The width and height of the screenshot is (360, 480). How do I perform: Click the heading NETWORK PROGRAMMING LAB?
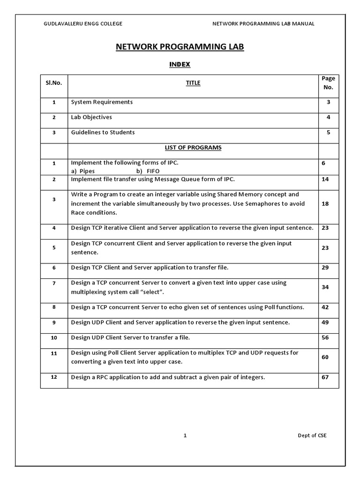click(180, 47)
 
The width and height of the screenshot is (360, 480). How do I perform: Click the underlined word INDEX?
click(180, 65)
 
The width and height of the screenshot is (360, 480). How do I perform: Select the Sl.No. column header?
click(54, 83)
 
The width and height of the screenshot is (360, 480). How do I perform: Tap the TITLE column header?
click(193, 83)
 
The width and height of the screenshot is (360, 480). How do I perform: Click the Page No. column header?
click(328, 83)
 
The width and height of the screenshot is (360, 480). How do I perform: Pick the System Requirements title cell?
click(102, 102)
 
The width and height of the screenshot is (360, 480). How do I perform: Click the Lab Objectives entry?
click(91, 117)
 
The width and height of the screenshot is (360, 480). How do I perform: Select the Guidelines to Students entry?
click(103, 133)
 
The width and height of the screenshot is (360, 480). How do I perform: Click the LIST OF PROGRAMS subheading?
click(193, 148)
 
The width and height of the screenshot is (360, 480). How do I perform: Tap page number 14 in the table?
click(325, 180)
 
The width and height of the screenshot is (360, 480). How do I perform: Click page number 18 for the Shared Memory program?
click(325, 204)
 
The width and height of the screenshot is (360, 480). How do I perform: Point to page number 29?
click(325, 268)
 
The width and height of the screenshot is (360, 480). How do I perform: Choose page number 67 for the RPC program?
click(325, 377)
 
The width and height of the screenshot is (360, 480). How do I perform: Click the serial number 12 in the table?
click(54, 377)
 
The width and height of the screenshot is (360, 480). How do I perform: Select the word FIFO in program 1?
click(153, 172)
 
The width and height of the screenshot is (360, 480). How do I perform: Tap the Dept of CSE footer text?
click(312, 435)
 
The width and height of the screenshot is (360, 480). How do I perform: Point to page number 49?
click(325, 322)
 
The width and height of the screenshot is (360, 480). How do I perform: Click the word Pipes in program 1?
click(87, 172)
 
